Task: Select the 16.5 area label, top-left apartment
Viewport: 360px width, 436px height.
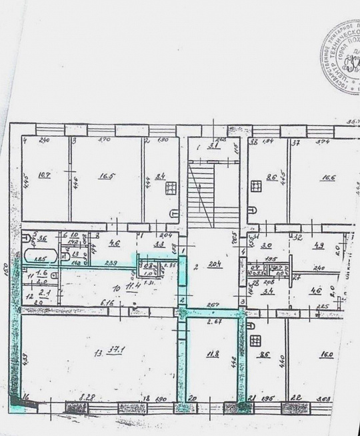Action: [x=107, y=177]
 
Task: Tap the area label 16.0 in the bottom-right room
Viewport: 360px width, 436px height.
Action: [x=326, y=355]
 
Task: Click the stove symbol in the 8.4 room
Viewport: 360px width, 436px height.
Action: [x=171, y=187]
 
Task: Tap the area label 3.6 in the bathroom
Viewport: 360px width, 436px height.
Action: [x=41, y=239]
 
